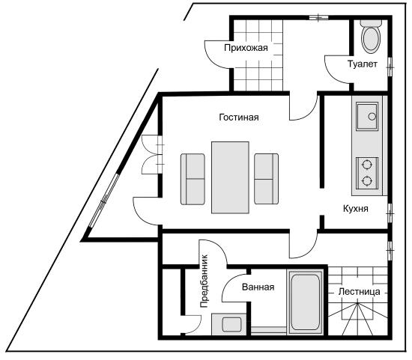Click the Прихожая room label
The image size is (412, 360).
click(x=246, y=48)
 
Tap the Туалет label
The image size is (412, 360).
click(x=363, y=64)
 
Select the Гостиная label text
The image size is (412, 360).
click(x=239, y=117)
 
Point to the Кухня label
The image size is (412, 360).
click(x=356, y=209)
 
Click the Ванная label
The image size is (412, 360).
click(x=258, y=287)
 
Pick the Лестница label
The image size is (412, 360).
click(x=359, y=292)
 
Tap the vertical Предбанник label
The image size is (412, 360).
click(x=204, y=281)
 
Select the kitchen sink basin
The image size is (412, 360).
click(x=367, y=116)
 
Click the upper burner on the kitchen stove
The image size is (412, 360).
click(x=367, y=165)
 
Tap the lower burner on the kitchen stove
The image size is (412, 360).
click(x=367, y=180)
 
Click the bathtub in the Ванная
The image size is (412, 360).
click(x=306, y=302)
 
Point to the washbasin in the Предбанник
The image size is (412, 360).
click(x=231, y=325)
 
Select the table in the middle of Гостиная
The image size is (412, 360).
click(x=230, y=177)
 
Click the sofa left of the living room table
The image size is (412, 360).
click(x=193, y=179)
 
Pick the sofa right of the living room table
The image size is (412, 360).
click(x=266, y=179)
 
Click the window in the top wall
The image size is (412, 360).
click(x=318, y=18)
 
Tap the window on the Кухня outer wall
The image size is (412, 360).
click(x=390, y=213)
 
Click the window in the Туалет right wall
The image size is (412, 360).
click(x=390, y=67)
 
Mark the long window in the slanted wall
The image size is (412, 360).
click(x=104, y=201)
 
